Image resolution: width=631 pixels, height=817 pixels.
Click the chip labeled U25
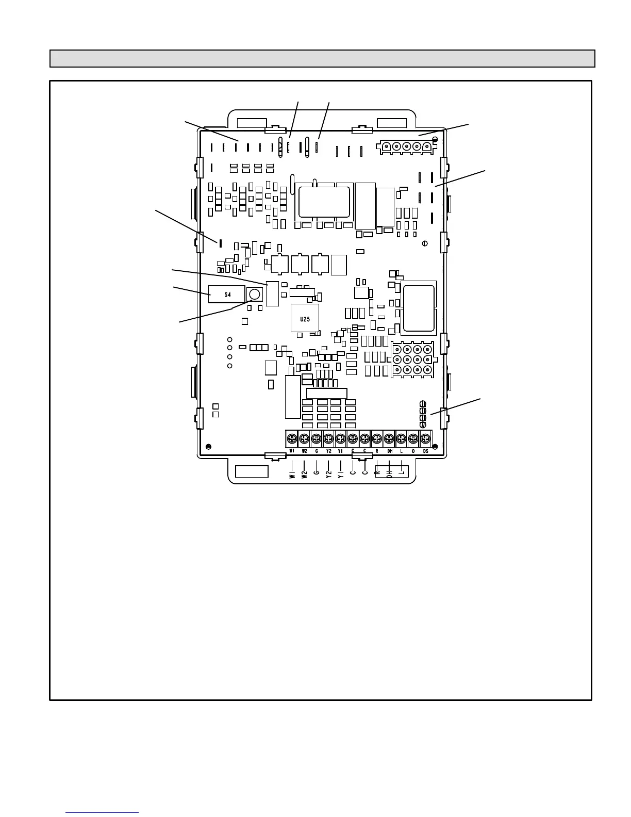(305, 319)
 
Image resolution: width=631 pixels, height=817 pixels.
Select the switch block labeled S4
(226, 295)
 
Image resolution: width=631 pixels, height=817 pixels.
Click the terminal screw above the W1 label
(292, 439)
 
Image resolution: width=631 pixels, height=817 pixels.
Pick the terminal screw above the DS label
(425, 439)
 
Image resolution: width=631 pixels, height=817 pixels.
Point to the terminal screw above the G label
(316, 439)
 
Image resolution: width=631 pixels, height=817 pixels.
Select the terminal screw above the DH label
(389, 439)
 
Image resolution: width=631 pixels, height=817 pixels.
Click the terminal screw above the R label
(377, 439)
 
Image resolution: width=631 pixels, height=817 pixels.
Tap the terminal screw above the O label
(413, 439)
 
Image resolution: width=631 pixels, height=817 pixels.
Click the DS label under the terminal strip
(425, 451)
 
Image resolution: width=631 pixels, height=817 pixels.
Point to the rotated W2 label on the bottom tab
(304, 474)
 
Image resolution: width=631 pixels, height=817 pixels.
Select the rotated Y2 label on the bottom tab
(328, 474)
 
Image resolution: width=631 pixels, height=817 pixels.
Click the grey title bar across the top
(322, 59)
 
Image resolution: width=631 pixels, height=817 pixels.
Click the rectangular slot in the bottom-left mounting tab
(252, 471)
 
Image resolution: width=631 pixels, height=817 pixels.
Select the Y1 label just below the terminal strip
(340, 451)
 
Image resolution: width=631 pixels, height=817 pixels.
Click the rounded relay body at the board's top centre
(324, 202)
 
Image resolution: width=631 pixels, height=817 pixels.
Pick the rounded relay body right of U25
(419, 307)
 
